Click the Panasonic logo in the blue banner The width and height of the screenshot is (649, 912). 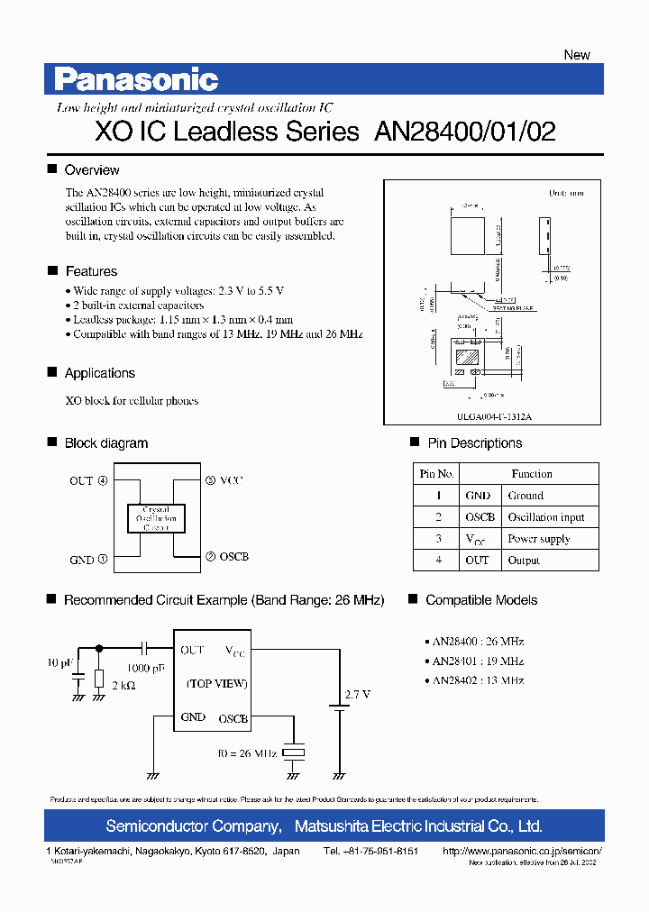point(136,80)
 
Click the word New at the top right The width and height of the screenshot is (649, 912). point(577,55)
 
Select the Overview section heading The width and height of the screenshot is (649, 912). point(92,170)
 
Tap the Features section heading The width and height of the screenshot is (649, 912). point(91,271)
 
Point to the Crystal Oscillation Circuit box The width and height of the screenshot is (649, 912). point(156,518)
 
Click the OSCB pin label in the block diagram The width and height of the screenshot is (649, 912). point(233,557)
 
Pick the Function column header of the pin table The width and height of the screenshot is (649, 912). point(532,474)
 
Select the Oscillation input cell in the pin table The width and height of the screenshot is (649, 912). point(546,517)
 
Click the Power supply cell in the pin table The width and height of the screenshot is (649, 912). point(539,539)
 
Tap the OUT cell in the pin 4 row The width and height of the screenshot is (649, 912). point(478,561)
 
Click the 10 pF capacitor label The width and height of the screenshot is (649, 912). point(59,664)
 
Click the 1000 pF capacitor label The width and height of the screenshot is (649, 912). point(145,669)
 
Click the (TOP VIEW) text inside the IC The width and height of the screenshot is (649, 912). point(217,684)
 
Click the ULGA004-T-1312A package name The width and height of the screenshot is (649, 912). point(494,417)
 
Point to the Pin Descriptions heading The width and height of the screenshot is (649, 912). point(474,443)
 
